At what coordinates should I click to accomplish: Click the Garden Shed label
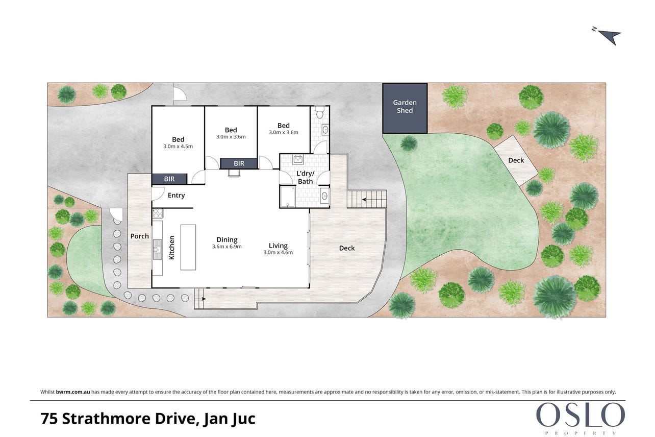pos(405,107)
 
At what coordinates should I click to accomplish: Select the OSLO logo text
pos(580,415)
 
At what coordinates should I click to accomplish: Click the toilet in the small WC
pos(320,112)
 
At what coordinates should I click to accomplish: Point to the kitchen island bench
pos(188,247)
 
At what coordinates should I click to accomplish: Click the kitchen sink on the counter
pos(157,249)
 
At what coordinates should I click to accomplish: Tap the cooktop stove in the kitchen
pos(158,213)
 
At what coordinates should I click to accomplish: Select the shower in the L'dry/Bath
pos(287,197)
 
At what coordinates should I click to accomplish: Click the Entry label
pos(176,196)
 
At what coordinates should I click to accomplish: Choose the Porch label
pos(139,236)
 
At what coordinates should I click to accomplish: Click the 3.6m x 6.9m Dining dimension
pos(227,247)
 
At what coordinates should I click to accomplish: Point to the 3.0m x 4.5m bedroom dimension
pos(178,147)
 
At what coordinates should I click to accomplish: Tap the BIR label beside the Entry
pos(169,179)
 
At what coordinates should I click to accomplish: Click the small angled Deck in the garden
pos(516,160)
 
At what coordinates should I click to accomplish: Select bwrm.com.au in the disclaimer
pos(73,392)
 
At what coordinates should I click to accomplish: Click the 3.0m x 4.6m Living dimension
pos(278,252)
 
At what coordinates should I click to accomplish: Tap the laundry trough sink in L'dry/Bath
pos(298,159)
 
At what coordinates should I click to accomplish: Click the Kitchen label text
pos(171,248)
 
